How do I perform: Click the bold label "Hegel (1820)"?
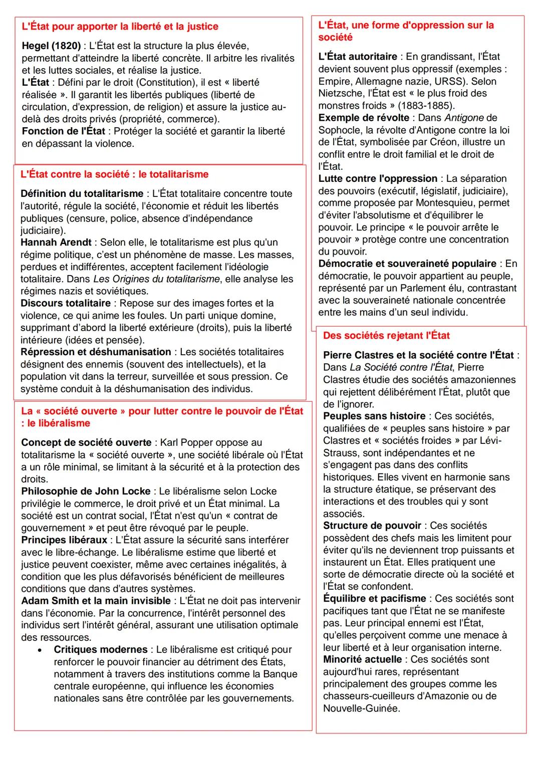pyautogui.click(x=51, y=46)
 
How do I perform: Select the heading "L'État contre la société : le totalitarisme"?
pyautogui.click(x=114, y=174)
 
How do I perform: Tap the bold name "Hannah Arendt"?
pyautogui.click(x=56, y=242)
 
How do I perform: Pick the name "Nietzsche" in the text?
pyautogui.click(x=340, y=93)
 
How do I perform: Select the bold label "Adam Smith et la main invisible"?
pyautogui.click(x=96, y=601)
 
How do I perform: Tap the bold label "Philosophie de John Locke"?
pyautogui.click(x=86, y=491)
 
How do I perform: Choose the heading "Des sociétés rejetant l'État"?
pyautogui.click(x=386, y=336)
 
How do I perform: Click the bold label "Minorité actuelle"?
pyautogui.click(x=362, y=659)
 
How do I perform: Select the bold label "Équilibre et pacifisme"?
pyautogui.click(x=374, y=599)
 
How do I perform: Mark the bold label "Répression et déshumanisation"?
pyautogui.click(x=96, y=352)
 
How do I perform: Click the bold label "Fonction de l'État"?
pyautogui.click(x=63, y=131)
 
